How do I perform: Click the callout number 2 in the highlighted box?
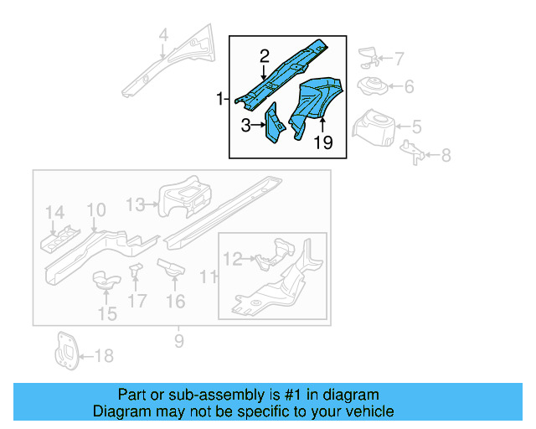(x=265, y=57)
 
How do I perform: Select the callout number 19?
(x=323, y=143)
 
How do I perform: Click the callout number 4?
(x=164, y=35)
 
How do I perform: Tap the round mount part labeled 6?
(x=371, y=86)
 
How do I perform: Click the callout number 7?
(x=399, y=59)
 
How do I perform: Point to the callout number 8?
(x=446, y=155)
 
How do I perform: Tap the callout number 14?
(x=54, y=212)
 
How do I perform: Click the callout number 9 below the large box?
(x=178, y=340)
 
